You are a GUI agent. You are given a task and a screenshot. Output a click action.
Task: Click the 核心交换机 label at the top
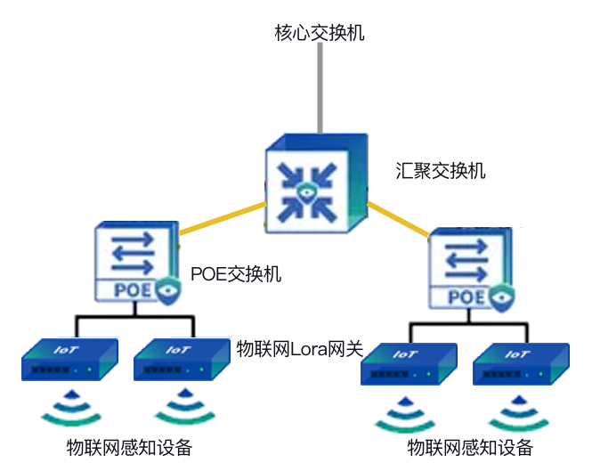tap(319, 34)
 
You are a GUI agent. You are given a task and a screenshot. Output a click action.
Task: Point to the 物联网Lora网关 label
tap(300, 350)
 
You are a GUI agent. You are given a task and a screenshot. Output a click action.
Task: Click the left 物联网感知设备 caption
tap(129, 446)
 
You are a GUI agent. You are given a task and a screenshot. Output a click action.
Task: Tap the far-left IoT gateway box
tap(69, 361)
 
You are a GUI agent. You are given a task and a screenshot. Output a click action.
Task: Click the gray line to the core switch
tap(319, 89)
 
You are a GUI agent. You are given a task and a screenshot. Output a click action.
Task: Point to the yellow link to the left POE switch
tap(223, 220)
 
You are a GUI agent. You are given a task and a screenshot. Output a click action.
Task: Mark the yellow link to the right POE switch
tap(399, 221)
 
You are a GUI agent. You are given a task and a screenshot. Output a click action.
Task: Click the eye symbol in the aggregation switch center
tap(306, 190)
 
